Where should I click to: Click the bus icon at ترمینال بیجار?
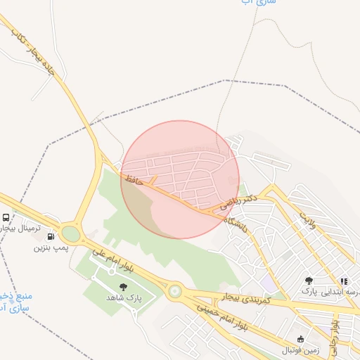(6, 217)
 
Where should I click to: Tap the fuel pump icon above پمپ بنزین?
(50, 237)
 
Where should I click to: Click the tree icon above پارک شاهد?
(124, 286)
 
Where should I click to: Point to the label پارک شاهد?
(124, 297)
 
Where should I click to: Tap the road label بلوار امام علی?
(116, 258)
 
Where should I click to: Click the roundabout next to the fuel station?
(70, 233)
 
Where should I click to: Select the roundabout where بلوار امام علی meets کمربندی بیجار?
(174, 290)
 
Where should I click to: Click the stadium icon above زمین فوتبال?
(301, 339)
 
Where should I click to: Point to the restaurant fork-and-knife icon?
(343, 281)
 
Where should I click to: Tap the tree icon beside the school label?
(308, 281)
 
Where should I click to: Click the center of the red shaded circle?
(180, 179)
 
